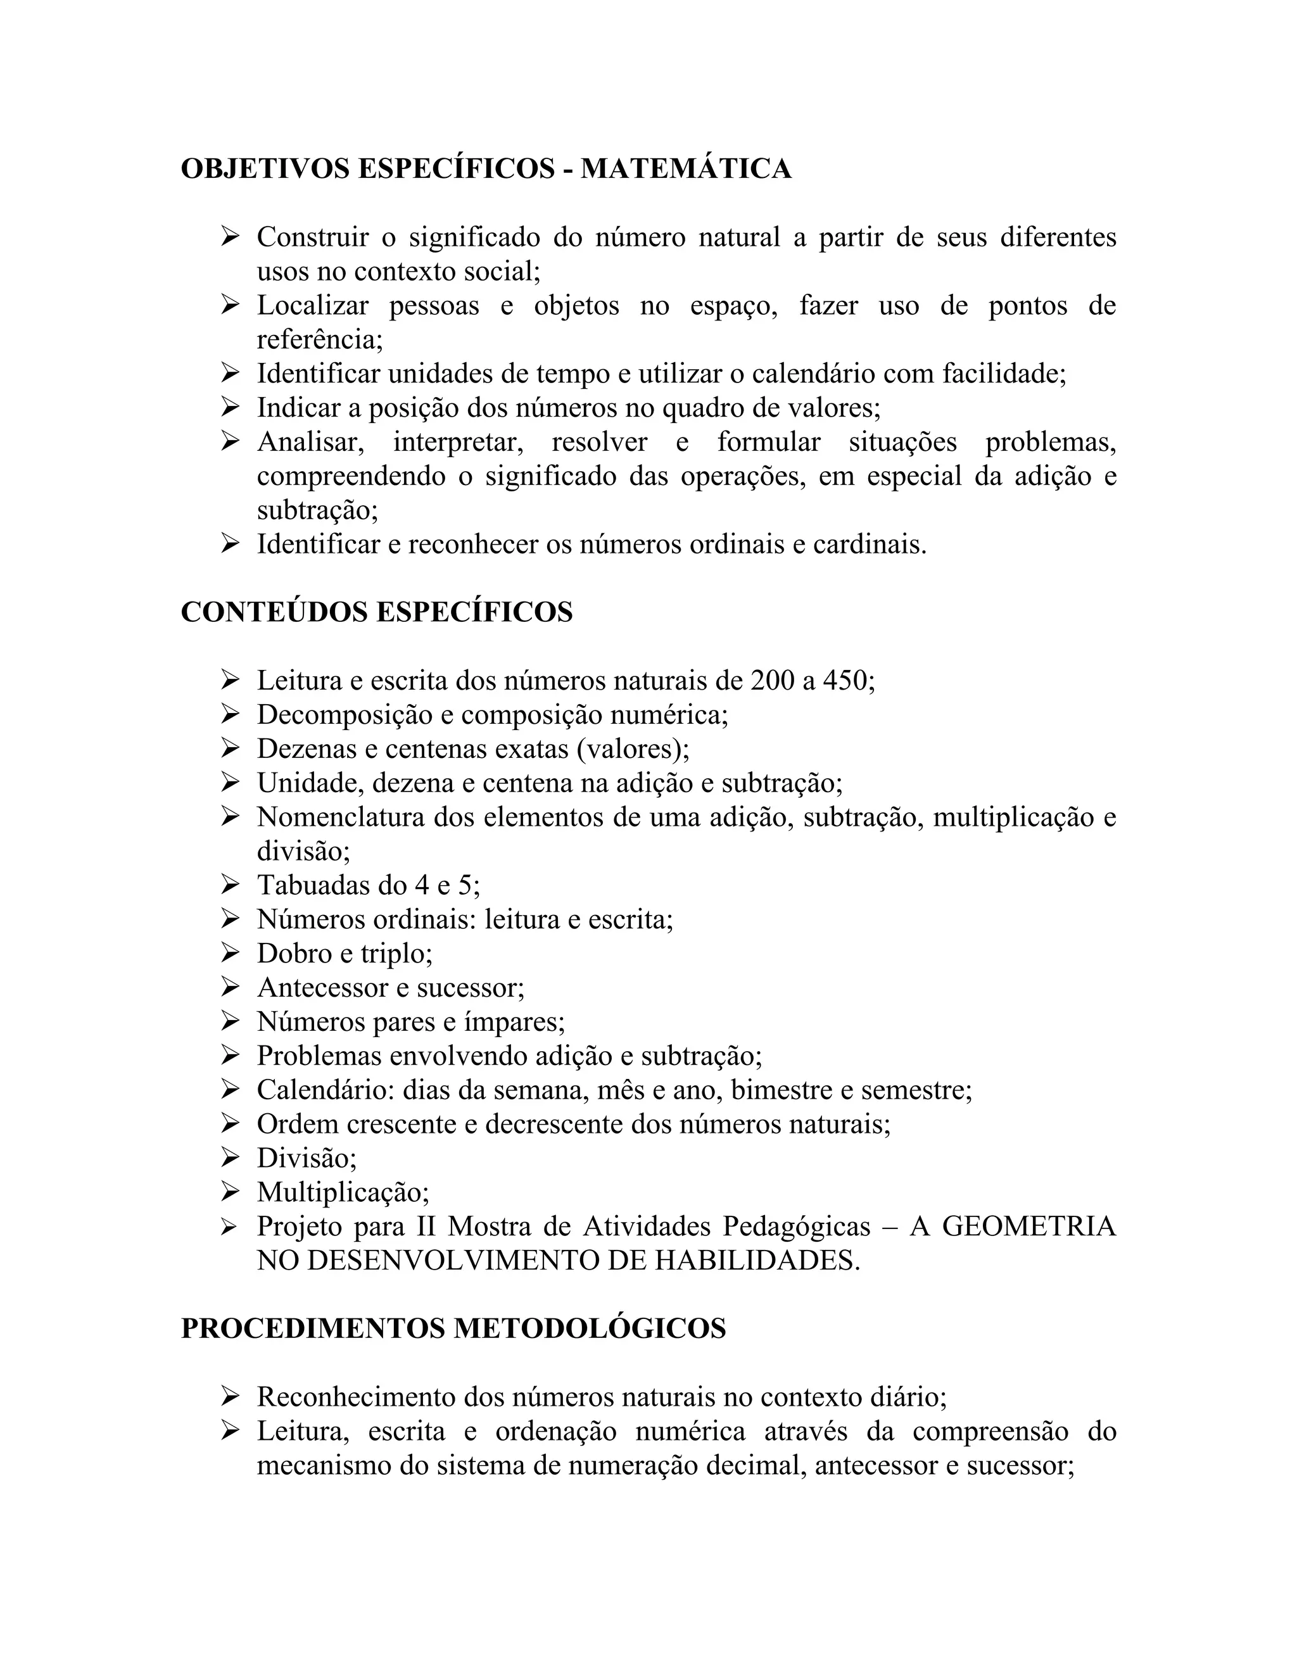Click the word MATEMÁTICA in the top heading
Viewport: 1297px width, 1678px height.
(x=685, y=169)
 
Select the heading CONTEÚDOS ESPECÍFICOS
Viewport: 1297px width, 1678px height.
(x=377, y=612)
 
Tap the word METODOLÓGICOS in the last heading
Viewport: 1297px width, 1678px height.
(x=590, y=1328)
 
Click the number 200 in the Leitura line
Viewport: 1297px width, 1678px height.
(x=773, y=681)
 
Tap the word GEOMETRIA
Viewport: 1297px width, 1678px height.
(x=1029, y=1227)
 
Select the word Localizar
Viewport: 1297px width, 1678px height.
(x=312, y=306)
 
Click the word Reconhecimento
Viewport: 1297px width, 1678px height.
(x=355, y=1397)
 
